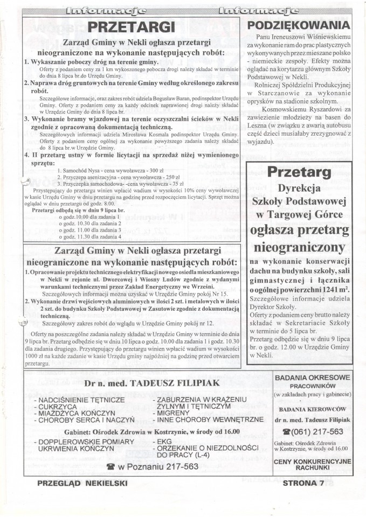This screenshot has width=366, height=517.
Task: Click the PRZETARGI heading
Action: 132,26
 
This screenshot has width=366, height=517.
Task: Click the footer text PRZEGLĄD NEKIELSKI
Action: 82,483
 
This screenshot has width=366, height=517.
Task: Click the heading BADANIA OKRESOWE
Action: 313,378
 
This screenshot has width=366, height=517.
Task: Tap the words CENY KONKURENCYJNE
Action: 313,461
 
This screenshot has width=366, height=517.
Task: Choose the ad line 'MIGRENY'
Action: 172,412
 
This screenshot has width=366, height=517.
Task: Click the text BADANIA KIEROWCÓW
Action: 313,408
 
